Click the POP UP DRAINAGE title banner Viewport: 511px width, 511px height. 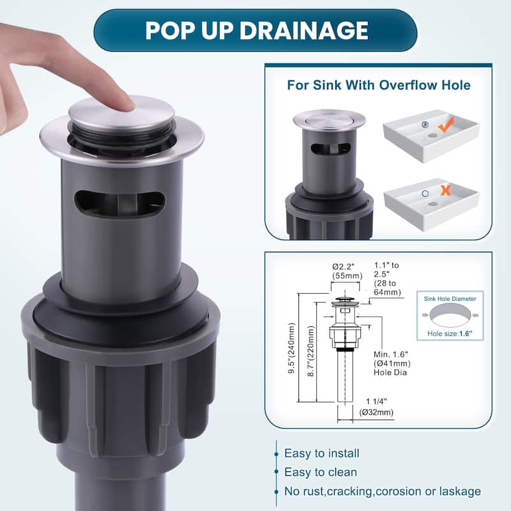[x=256, y=30]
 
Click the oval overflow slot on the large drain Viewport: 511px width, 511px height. [x=119, y=203]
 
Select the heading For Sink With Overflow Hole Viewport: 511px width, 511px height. [x=379, y=85]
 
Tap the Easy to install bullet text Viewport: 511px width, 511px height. [x=322, y=454]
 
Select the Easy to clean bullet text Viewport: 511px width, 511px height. [x=321, y=473]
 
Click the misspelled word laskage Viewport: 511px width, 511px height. [x=457, y=491]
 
